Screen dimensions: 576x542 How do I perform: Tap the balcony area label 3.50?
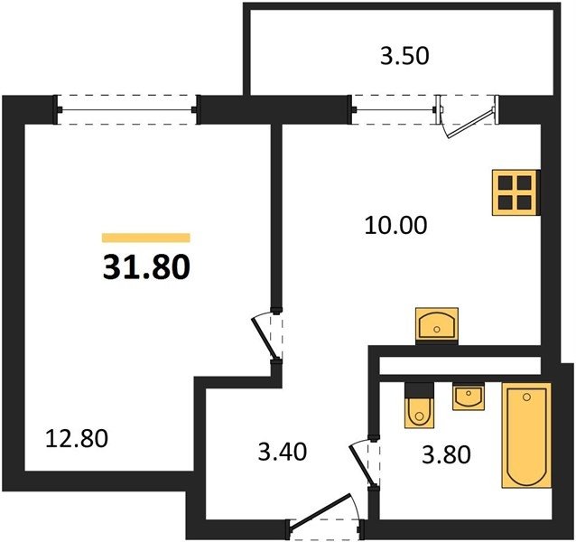click(404, 57)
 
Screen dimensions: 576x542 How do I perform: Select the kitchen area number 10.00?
click(396, 225)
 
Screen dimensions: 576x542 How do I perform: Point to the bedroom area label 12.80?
click(77, 439)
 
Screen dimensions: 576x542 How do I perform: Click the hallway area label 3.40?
click(282, 452)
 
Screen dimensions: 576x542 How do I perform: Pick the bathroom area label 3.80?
click(446, 454)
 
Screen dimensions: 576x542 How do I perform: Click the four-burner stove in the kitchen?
click(516, 192)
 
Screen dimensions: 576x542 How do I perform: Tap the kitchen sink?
click(437, 324)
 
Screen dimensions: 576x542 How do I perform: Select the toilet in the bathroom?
click(419, 405)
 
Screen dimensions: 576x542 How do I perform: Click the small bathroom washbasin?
click(469, 397)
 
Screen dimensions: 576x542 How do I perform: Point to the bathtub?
click(526, 435)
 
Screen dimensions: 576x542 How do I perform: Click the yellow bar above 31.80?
click(146, 238)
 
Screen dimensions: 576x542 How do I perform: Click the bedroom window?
click(126, 109)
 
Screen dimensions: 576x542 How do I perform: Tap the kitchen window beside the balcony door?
click(393, 109)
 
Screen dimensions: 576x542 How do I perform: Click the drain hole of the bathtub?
click(527, 397)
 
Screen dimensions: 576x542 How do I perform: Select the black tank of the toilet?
click(419, 389)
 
